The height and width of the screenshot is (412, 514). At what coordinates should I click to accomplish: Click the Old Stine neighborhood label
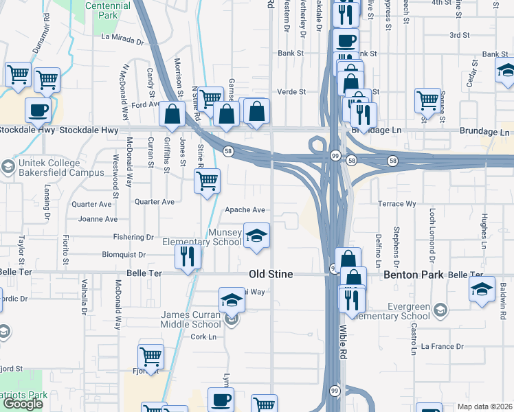coord(271,274)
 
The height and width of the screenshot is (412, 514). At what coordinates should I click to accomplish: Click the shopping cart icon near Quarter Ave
coord(207,181)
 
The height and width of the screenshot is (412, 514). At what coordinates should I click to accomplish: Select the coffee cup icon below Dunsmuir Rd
coord(38,109)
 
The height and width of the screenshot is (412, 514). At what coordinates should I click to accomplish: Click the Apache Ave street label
coord(245,210)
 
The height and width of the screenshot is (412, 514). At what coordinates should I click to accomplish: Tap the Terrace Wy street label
coord(397,204)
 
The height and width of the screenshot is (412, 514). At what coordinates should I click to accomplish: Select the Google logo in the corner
coord(23,404)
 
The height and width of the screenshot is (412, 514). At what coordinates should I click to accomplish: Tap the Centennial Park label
coord(109,10)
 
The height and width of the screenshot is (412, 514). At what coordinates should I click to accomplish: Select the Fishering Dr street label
coord(135,237)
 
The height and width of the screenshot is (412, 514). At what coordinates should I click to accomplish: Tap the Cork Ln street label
coord(203,336)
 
